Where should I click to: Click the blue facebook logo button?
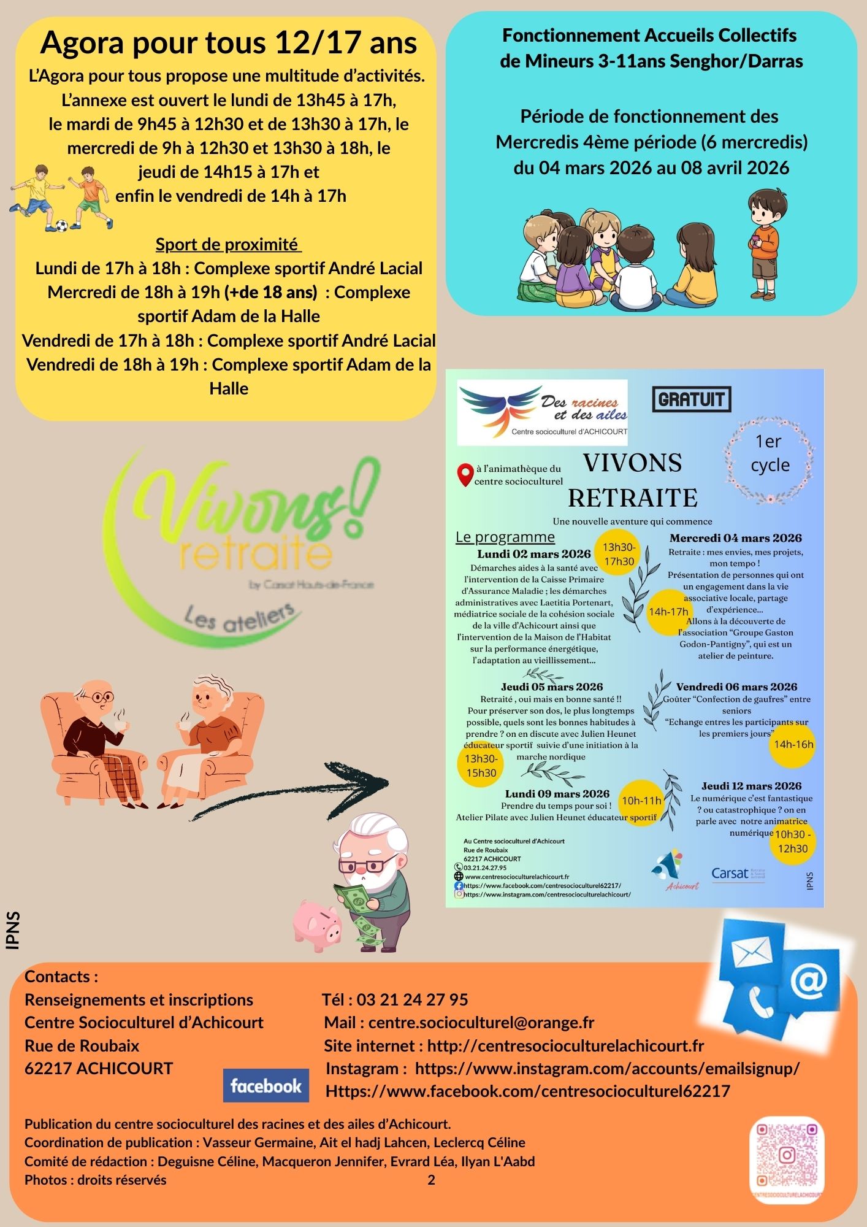[x=265, y=1086]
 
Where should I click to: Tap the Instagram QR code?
[x=787, y=1156]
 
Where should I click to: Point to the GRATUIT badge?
[x=692, y=399]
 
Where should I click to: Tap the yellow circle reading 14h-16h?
[x=793, y=745]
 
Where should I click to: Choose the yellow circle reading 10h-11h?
[x=641, y=801]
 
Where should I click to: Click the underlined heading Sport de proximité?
[x=227, y=244]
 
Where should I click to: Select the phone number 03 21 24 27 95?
[x=412, y=999]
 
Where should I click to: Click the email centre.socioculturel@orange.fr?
[x=481, y=1022]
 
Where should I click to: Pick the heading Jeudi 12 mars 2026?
[x=751, y=786]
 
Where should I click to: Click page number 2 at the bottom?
[x=431, y=1180]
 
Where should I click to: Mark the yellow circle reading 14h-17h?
[x=668, y=612]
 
